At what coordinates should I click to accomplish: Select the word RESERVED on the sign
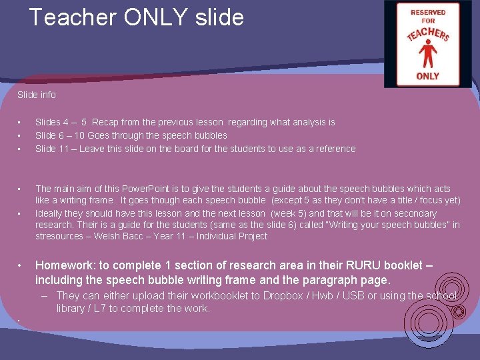coord(428,12)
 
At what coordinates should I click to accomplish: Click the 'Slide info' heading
coord(37,95)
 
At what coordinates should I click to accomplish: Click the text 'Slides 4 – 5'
coord(61,122)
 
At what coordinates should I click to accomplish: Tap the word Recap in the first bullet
coord(105,122)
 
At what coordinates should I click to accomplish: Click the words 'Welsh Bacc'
coord(111,236)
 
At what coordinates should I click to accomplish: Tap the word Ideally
coord(51,213)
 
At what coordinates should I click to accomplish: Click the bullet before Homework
coord(21,265)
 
